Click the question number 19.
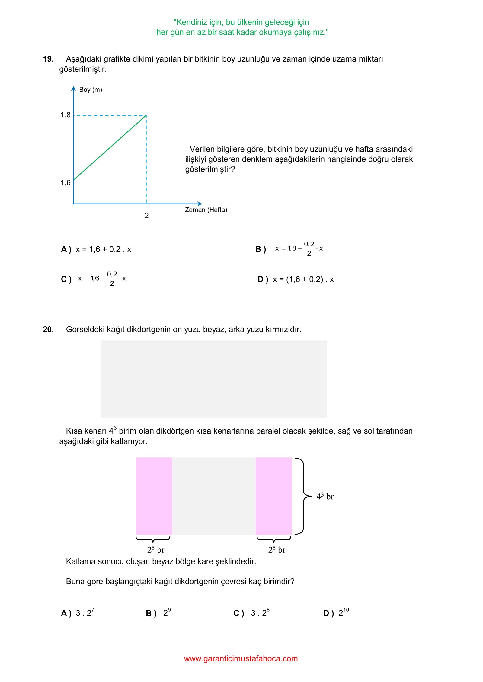(48, 59)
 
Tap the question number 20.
(48, 329)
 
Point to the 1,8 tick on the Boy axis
(66, 115)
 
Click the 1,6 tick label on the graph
(66, 183)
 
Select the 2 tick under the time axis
(146, 216)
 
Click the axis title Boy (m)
(91, 90)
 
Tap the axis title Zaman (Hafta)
(206, 210)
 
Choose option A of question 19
(96, 249)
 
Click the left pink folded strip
(154, 496)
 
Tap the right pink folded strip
(273, 496)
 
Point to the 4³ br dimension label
(325, 497)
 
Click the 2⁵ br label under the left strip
(156, 550)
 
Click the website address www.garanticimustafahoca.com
(241, 659)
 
